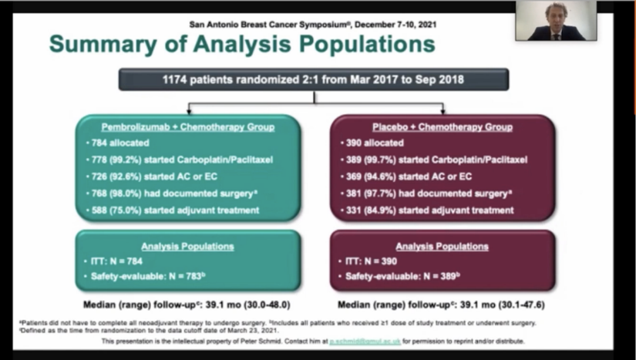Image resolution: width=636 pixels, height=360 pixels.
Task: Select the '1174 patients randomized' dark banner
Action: tap(313, 79)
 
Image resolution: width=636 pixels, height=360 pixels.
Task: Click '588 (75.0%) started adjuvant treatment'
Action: tap(168, 210)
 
